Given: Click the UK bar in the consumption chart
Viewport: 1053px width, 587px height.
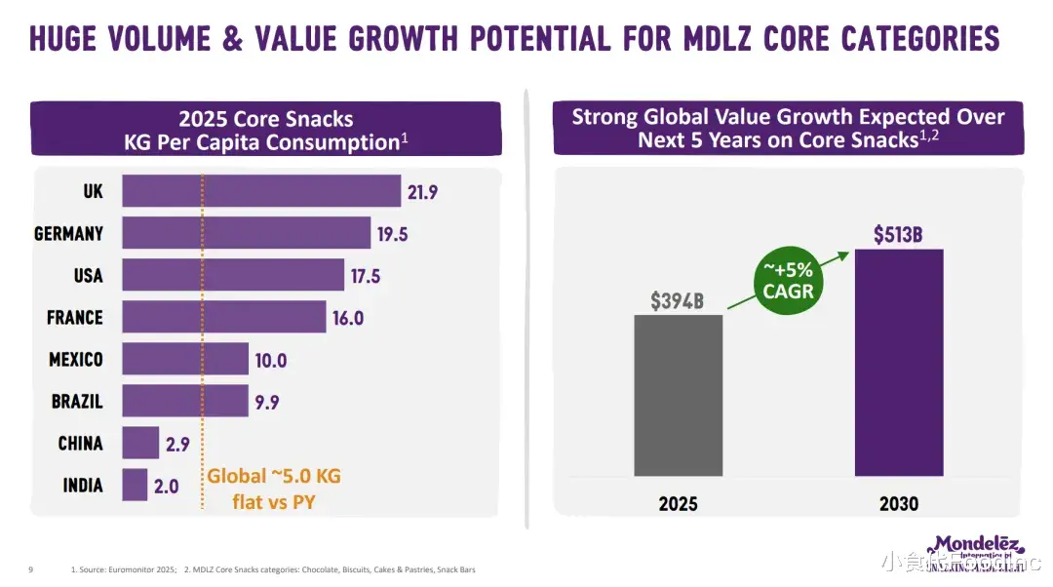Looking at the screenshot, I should click(261, 191).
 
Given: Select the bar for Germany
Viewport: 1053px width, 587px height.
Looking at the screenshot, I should click(246, 233).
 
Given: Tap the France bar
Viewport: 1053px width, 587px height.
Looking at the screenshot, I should click(223, 317).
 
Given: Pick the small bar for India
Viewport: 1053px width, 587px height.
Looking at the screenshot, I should click(135, 485).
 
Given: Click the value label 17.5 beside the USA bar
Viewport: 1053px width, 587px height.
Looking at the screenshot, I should click(365, 276).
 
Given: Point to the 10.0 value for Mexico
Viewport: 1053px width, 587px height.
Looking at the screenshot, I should click(270, 361).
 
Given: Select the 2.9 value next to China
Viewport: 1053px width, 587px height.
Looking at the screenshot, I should click(177, 444).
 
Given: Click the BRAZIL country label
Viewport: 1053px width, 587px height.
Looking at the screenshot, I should click(77, 401).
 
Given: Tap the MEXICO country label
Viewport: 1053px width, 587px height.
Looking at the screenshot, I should click(76, 360).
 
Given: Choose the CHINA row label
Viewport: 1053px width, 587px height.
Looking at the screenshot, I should click(80, 444).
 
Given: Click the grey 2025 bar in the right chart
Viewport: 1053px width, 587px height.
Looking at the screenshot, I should click(678, 395).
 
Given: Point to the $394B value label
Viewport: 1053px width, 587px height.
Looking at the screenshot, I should click(678, 300).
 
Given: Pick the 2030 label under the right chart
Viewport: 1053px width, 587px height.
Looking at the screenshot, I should click(897, 504).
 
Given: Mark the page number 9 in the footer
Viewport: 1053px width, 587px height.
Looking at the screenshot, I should click(31, 569).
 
